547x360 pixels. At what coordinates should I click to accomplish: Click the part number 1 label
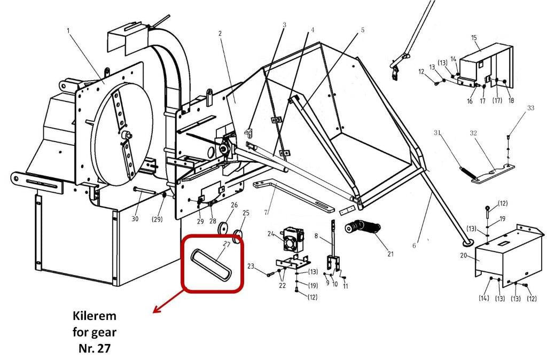(68, 30)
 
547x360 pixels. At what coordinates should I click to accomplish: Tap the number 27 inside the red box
(226, 244)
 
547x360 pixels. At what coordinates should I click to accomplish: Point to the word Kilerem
(95, 316)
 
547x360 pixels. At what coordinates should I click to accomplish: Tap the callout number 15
(474, 38)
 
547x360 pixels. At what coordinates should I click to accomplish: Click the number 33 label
(530, 108)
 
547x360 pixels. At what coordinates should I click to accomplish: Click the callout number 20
(463, 255)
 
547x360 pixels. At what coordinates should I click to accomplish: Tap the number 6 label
(414, 246)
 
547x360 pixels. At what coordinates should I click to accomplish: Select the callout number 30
(135, 218)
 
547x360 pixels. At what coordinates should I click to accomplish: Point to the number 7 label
(266, 212)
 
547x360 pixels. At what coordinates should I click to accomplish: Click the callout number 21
(390, 254)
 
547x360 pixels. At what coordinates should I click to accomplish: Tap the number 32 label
(473, 133)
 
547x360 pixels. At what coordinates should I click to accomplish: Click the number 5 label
(363, 30)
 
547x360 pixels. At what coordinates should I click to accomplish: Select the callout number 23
(251, 266)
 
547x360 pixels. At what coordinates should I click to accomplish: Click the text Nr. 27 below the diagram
(95, 348)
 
